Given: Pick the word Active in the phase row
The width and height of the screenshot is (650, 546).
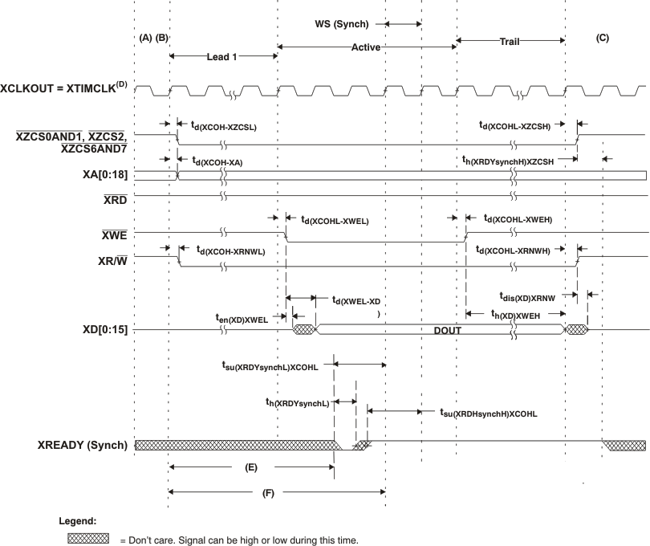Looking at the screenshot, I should tap(365, 47).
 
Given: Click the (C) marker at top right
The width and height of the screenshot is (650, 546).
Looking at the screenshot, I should tap(603, 37).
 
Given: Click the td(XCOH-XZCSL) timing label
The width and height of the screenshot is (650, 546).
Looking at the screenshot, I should tap(223, 127).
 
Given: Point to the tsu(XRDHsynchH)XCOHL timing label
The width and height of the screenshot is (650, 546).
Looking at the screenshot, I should tap(489, 414).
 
